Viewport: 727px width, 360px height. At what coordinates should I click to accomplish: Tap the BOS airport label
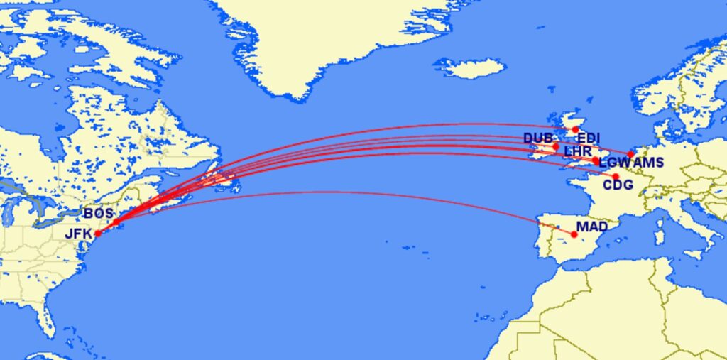[98, 213]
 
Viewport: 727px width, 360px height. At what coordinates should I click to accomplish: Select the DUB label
[537, 138]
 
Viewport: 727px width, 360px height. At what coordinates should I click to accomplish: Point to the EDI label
[589, 138]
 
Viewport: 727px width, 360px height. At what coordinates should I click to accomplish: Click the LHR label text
[577, 152]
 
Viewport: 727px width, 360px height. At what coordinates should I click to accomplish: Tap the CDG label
[617, 186]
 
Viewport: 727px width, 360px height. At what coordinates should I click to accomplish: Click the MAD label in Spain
[592, 228]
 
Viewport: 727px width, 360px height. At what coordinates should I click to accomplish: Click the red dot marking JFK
[97, 233]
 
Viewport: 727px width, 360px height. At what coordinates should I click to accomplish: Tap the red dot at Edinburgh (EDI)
[576, 130]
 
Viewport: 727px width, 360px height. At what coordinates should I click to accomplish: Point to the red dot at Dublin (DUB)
[556, 146]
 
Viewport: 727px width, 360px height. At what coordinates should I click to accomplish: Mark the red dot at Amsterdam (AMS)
[630, 154]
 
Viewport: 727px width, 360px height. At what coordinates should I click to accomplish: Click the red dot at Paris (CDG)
[616, 177]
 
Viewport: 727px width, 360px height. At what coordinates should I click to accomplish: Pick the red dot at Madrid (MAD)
[574, 234]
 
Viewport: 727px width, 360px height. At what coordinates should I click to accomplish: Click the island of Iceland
[470, 68]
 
